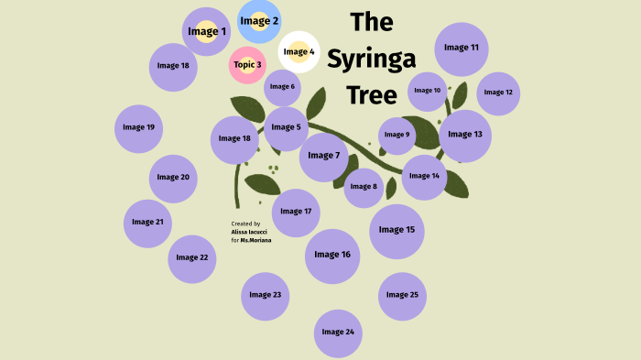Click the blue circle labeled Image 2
tap(259, 21)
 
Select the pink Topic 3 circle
tap(247, 65)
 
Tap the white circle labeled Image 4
tap(299, 52)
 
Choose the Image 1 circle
tap(207, 32)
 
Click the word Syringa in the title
tap(371, 59)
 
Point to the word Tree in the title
tap(371, 95)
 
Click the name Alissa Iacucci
tap(250, 233)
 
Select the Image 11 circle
tap(462, 48)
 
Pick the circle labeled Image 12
tap(498, 93)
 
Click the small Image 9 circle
tap(397, 136)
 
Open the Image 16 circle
tap(332, 255)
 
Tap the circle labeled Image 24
tap(338, 332)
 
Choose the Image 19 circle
tap(138, 127)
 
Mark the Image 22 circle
tap(192, 257)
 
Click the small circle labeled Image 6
tap(282, 87)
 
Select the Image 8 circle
tap(363, 187)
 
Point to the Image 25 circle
tap(402, 295)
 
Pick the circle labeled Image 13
tap(465, 135)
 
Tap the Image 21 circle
tap(147, 222)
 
